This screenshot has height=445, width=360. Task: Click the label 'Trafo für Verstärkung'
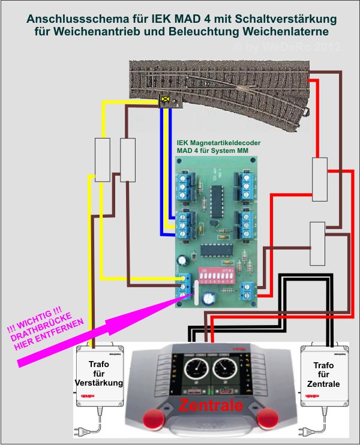pyautogui.click(x=98, y=373)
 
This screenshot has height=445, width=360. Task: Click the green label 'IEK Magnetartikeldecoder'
pyautogui.click(x=218, y=143)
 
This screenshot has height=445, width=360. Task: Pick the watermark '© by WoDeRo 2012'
pyautogui.click(x=287, y=47)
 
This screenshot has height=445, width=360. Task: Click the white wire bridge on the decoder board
pyautogui.click(x=193, y=294)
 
